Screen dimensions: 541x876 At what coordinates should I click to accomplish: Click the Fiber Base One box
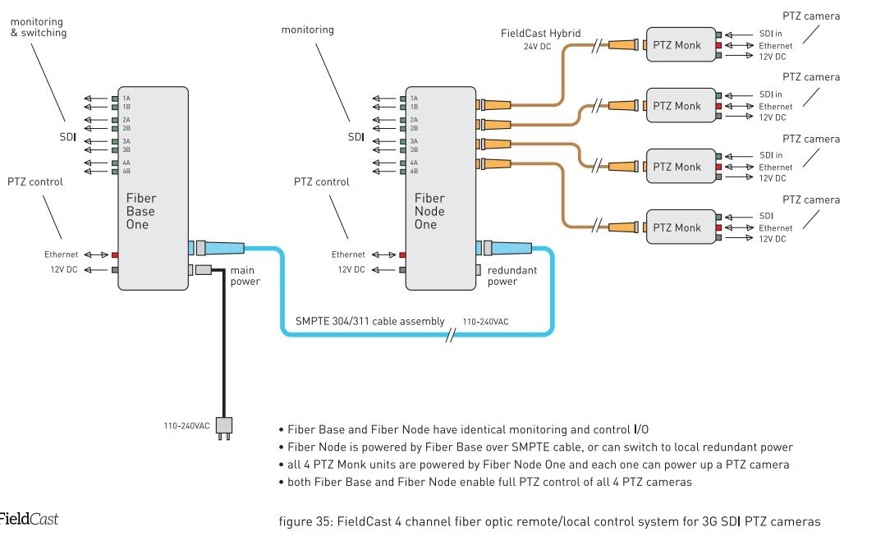coord(153,188)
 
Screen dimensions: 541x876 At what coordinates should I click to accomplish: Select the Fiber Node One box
coord(441,188)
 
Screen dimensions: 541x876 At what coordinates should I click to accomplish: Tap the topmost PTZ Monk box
coord(676,45)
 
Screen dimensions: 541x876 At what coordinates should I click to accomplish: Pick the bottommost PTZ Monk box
coord(676,227)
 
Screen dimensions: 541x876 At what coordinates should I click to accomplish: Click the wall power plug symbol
coord(223,427)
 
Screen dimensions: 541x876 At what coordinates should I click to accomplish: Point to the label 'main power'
coord(245,276)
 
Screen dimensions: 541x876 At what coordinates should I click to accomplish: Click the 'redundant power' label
coord(511,276)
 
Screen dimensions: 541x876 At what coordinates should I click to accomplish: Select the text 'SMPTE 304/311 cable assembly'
coord(369,321)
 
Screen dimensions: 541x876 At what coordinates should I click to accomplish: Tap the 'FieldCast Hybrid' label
coord(541,34)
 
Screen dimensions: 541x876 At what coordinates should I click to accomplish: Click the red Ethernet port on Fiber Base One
coord(115,255)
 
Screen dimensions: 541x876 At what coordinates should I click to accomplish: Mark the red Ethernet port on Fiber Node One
coord(402,255)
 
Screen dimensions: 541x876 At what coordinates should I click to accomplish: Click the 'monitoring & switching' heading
coord(39,27)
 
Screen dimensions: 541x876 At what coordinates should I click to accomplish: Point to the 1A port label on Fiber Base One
coord(126,99)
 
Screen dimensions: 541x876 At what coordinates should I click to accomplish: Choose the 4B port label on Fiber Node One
coord(414,171)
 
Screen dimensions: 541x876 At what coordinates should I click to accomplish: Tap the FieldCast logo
coord(28,519)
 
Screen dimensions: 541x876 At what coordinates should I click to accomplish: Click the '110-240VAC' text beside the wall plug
coord(186,426)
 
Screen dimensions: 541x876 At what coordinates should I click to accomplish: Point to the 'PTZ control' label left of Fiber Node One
coord(321,181)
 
